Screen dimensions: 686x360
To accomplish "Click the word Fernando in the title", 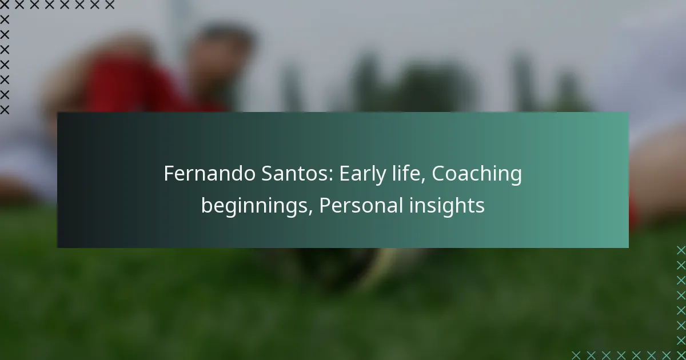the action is (x=209, y=173).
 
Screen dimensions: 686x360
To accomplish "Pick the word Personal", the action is (x=361, y=205).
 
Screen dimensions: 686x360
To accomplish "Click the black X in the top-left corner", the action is (x=5, y=5).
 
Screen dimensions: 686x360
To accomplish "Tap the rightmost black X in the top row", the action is (x=110, y=5).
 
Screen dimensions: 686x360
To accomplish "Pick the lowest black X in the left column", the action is (x=5, y=110).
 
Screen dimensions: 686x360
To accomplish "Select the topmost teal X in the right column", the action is (x=681, y=250).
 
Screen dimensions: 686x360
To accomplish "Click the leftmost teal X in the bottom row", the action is (x=576, y=355).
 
